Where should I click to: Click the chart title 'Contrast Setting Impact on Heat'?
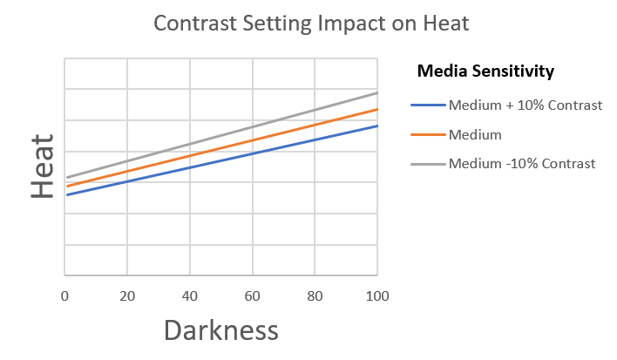tap(311, 24)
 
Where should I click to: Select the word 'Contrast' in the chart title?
tap(192, 24)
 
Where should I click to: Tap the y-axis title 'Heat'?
tap(42, 166)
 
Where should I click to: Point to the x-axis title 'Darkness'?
tap(220, 330)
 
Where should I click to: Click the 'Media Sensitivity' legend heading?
tap(486, 71)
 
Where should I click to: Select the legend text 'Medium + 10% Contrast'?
tap(525, 105)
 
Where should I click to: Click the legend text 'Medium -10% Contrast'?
tap(522, 163)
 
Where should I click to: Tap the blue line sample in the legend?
tap(427, 106)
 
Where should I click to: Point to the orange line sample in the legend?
tap(427, 135)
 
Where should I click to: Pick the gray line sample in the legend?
tap(427, 164)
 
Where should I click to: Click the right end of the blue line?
tap(377, 126)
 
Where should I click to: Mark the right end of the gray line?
tap(377, 92)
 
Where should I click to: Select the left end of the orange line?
tap(66, 186)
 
